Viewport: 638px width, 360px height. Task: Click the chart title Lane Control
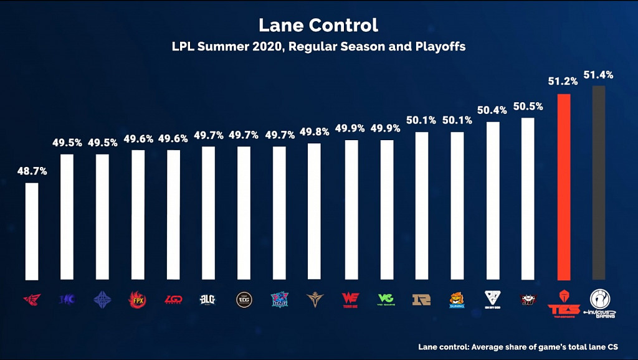(x=318, y=26)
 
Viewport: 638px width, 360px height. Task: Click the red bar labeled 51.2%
(x=563, y=187)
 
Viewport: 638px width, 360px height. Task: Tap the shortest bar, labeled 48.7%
(x=31, y=231)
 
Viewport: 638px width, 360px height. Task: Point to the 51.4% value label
(x=599, y=75)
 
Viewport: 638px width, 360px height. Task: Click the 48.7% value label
(x=31, y=171)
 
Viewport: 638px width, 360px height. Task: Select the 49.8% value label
(x=314, y=132)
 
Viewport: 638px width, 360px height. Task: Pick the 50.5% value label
(x=528, y=107)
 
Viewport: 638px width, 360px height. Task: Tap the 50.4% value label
(x=492, y=110)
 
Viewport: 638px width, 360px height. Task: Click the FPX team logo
(x=137, y=300)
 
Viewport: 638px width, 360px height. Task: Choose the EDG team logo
(x=244, y=300)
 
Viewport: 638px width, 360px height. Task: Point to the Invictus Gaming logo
(x=599, y=303)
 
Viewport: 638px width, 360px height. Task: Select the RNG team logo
(x=421, y=300)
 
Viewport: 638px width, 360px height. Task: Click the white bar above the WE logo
(x=350, y=210)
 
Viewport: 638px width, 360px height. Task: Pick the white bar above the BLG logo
(x=208, y=213)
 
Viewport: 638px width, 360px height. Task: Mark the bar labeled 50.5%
(x=528, y=199)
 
